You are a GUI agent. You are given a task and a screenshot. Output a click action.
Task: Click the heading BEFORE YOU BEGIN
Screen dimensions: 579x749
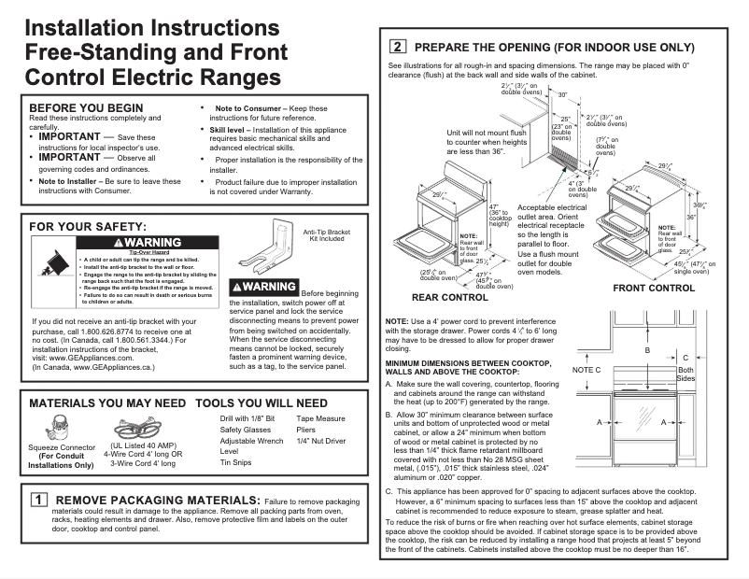tap(86, 107)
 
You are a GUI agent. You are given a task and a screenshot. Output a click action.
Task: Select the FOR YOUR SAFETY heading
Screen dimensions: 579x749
tap(88, 227)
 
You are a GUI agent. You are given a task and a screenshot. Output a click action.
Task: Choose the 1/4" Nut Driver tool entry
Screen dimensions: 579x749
tap(321, 440)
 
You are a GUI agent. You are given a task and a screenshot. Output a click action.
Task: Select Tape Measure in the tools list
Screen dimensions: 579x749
tap(321, 419)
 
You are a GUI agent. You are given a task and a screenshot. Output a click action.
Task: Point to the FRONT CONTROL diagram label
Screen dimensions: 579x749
tap(654, 289)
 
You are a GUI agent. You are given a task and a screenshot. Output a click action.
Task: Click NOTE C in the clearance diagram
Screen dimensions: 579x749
tap(586, 371)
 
